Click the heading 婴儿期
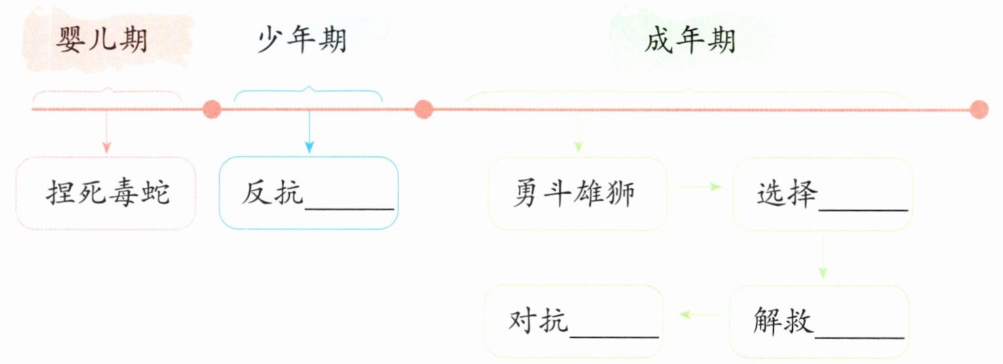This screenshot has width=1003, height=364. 102,40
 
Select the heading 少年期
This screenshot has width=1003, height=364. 302,40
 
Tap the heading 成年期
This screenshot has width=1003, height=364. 690,40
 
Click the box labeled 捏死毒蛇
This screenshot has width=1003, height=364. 106,193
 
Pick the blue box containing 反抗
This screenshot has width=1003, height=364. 308,193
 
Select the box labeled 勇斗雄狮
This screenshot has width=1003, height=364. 577,194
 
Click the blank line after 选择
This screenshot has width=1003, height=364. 863,210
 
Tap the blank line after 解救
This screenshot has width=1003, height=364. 860,337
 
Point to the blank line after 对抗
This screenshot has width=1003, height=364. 615,336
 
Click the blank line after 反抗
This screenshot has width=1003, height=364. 349,208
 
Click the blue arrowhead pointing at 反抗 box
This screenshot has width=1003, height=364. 309,147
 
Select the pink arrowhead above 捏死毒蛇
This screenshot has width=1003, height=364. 106,147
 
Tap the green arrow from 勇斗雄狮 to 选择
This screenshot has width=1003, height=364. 700,187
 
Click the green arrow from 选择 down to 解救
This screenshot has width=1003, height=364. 822,257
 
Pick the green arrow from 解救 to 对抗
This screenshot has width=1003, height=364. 700,314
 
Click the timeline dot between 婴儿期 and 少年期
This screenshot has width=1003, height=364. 212,109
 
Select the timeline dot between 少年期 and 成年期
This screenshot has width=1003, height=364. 423,109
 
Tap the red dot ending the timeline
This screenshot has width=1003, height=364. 979,109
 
